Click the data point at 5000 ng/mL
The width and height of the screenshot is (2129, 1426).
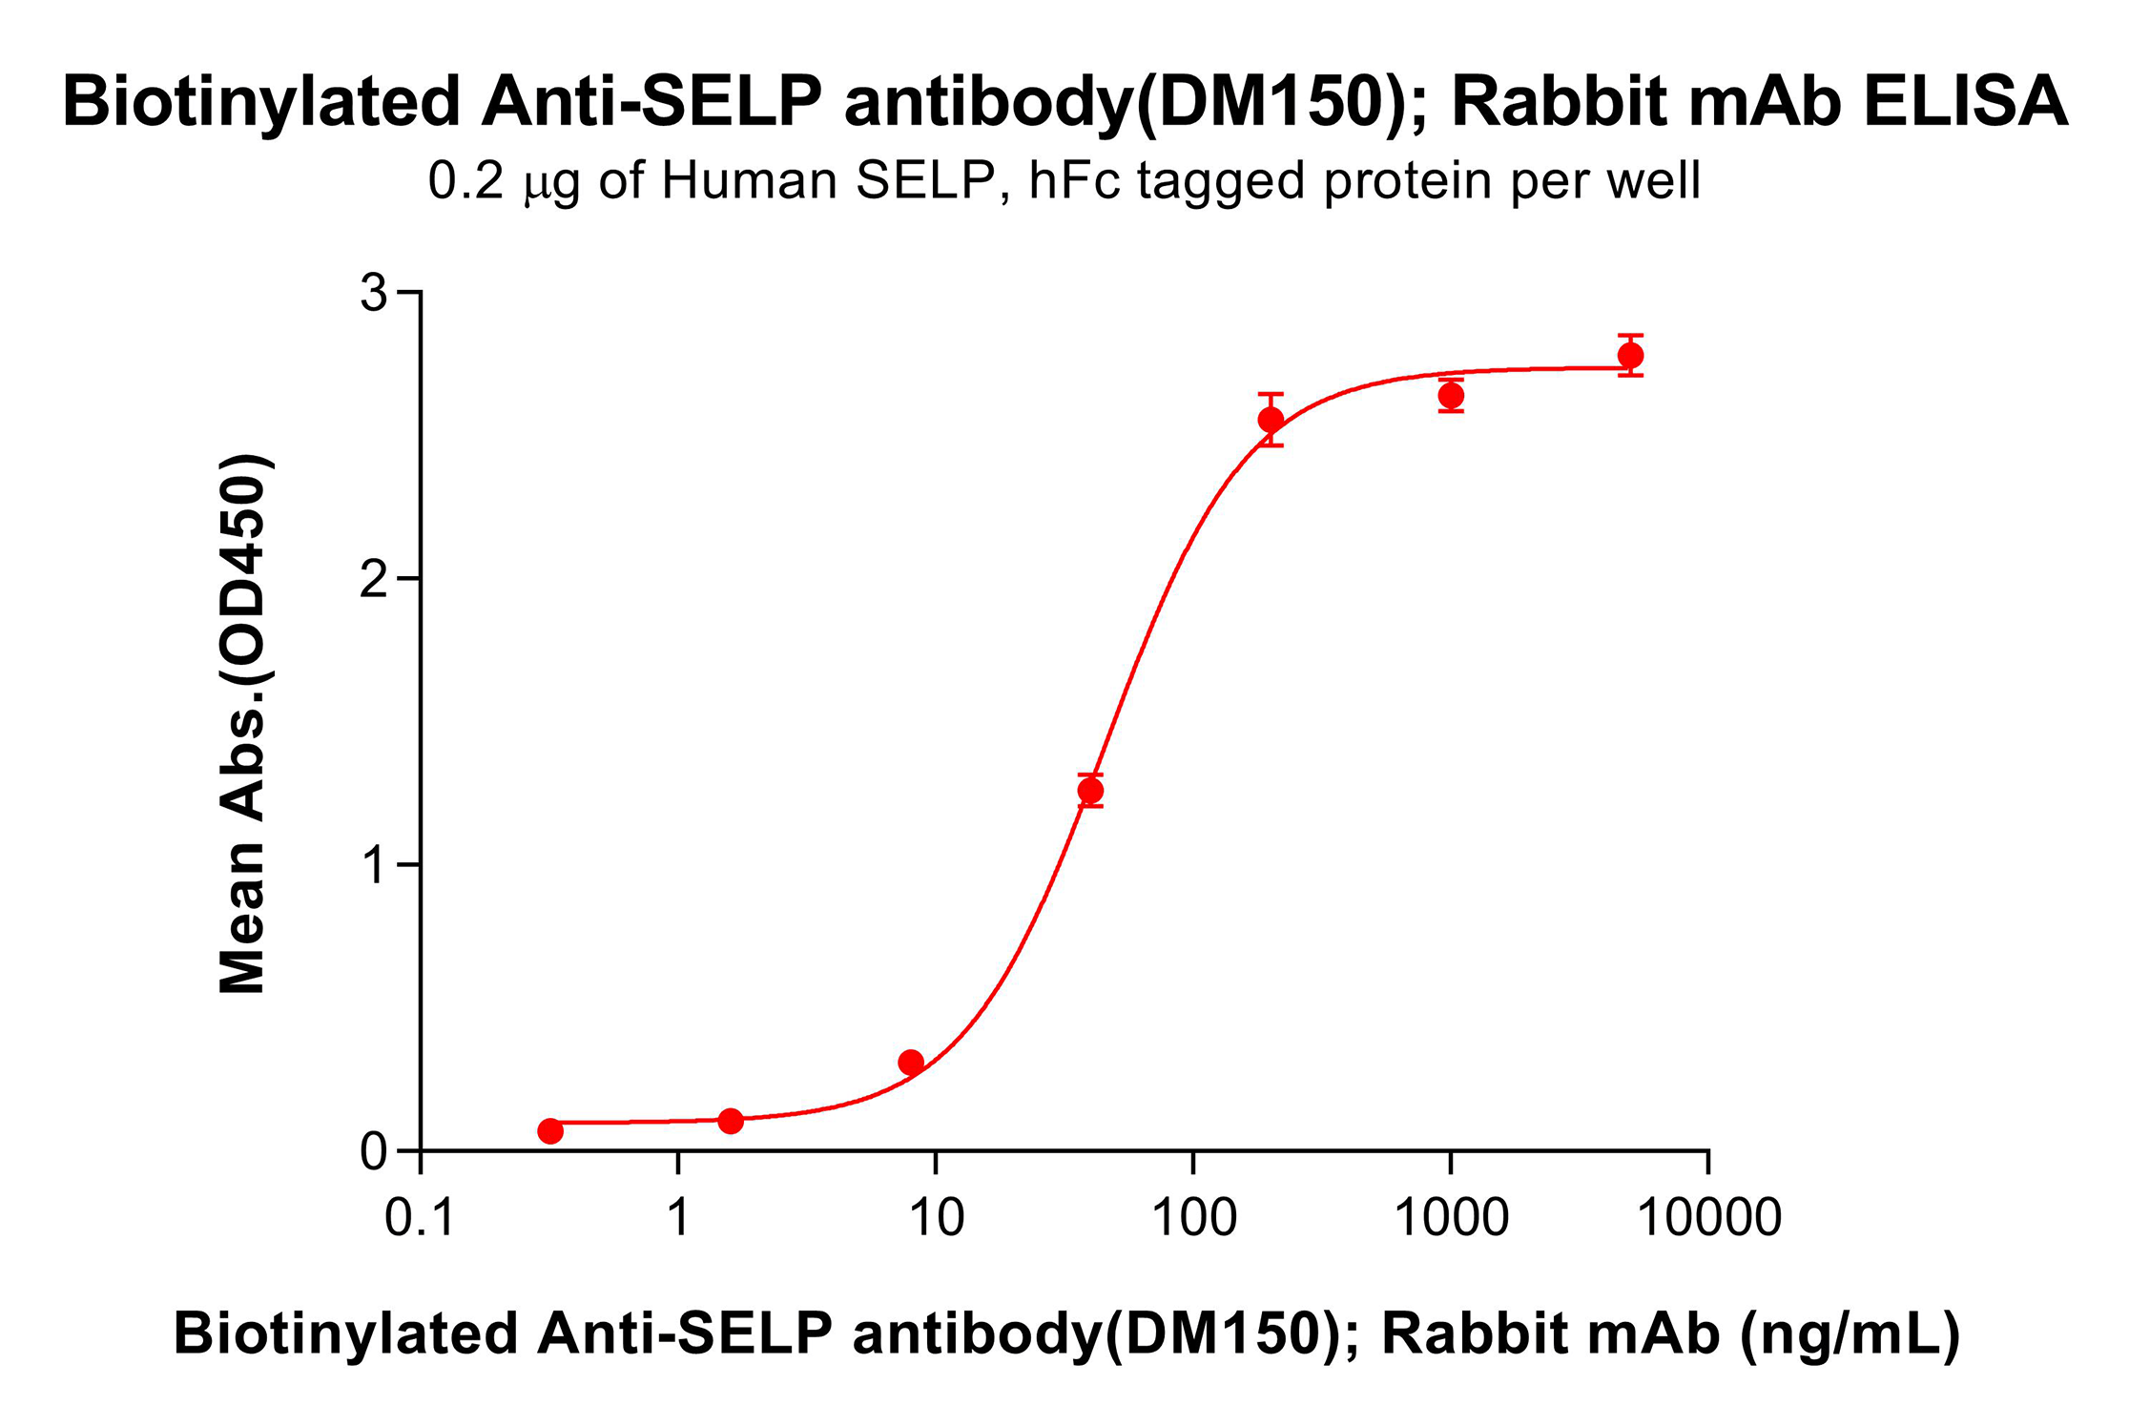click(x=1630, y=356)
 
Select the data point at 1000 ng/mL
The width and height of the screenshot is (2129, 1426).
click(x=1451, y=396)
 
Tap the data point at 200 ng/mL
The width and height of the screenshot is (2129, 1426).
click(x=1271, y=420)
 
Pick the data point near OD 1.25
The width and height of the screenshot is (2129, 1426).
click(x=1090, y=790)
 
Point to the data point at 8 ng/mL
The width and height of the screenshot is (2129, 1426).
click(x=911, y=1062)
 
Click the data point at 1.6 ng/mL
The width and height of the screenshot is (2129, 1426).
click(x=731, y=1121)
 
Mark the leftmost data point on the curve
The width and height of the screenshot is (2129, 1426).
click(x=550, y=1131)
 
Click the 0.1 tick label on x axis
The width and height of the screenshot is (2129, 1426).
click(x=420, y=1218)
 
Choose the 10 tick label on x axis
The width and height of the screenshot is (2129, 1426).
click(x=936, y=1218)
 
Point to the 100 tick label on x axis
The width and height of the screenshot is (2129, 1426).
click(x=1193, y=1218)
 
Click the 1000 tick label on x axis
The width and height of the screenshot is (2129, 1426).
click(x=1451, y=1218)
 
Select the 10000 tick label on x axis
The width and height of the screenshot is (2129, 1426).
click(x=1708, y=1218)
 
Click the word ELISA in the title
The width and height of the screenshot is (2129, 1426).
click(x=1966, y=101)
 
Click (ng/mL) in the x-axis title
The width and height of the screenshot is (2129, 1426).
click(x=1850, y=1334)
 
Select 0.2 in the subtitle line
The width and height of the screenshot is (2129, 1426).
click(x=465, y=180)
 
